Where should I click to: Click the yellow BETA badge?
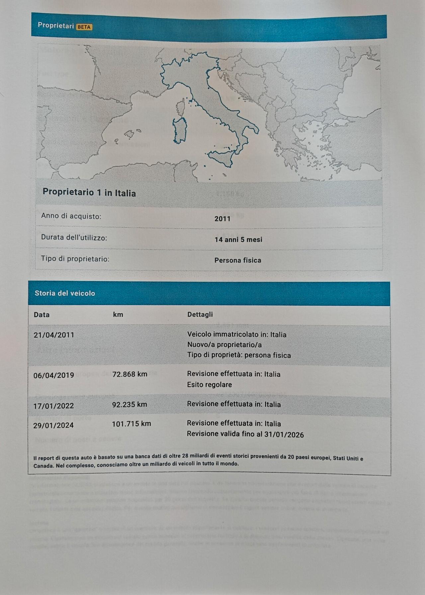[84, 27]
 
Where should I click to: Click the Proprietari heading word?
[56, 26]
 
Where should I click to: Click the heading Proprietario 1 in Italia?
[89, 193]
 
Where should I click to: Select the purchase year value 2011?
[222, 219]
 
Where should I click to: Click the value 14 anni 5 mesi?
[238, 240]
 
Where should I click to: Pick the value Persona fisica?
[238, 260]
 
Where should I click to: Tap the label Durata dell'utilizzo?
[74, 238]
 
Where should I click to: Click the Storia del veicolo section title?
[65, 293]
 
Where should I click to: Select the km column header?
[118, 315]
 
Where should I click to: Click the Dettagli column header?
[200, 315]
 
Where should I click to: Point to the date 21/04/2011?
[54, 335]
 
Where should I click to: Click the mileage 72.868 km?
[130, 374]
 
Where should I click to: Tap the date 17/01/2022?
[53, 406]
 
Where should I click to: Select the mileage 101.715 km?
[131, 424]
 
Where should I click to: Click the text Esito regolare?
[210, 385]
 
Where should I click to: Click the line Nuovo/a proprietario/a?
[224, 345]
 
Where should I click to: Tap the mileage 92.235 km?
[129, 405]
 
